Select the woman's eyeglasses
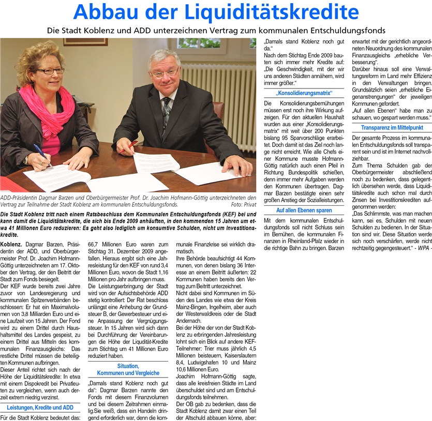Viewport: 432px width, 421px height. [x=50, y=71]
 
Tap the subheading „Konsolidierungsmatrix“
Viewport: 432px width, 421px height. [x=303, y=93]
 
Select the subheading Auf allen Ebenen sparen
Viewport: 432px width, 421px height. [x=304, y=210]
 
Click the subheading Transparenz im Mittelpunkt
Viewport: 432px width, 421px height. [x=391, y=127]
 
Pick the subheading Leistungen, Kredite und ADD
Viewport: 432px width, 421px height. [x=40, y=408]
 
